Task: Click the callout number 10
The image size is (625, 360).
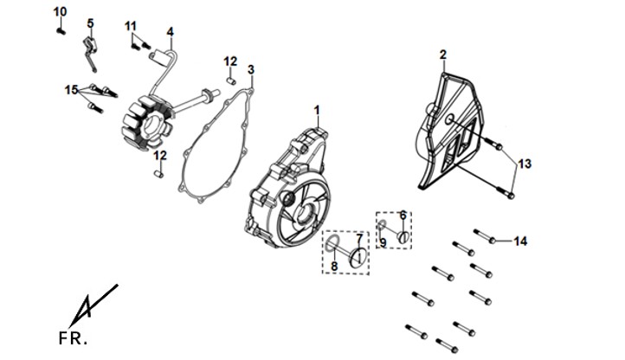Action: (x=61, y=12)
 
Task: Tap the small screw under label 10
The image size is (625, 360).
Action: (x=61, y=30)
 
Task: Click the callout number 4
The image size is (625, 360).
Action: (x=171, y=31)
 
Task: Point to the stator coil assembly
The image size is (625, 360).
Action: (x=146, y=124)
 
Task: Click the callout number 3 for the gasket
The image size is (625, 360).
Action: (x=251, y=70)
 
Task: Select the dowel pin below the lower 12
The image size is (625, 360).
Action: (x=158, y=174)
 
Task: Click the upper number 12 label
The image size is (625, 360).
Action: (x=230, y=61)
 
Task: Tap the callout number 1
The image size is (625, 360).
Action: (x=317, y=110)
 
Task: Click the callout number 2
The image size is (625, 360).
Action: (x=443, y=55)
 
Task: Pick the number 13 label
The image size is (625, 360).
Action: (x=525, y=164)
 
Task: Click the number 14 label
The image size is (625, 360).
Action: (x=520, y=241)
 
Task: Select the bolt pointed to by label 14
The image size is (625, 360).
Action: (x=485, y=235)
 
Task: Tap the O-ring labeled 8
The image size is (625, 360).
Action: (x=332, y=243)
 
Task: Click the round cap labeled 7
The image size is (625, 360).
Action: (x=358, y=257)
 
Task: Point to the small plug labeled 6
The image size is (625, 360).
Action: (x=403, y=237)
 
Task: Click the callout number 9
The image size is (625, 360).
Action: (x=383, y=242)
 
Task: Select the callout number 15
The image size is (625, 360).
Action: (x=72, y=90)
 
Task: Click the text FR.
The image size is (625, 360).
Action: (x=73, y=338)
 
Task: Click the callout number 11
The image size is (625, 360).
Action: (x=131, y=26)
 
